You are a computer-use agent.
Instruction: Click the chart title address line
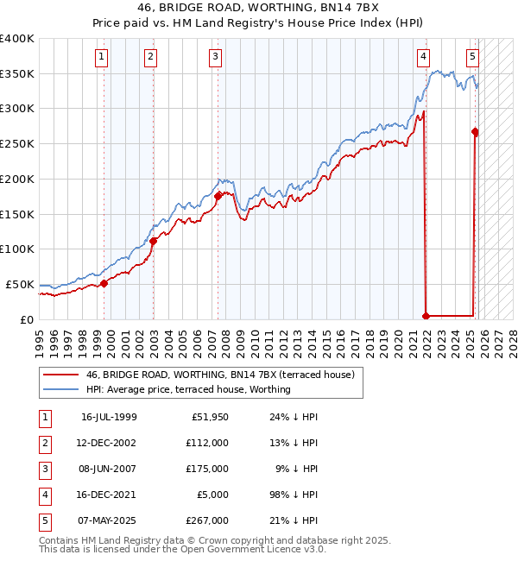(259, 8)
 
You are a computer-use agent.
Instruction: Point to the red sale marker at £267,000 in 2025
(475, 132)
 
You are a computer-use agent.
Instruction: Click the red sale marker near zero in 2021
(426, 316)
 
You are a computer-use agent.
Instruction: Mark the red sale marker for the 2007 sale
(218, 196)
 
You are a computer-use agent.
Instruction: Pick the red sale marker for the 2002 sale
(154, 241)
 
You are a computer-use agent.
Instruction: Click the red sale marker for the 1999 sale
(104, 282)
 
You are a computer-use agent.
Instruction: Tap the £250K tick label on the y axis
(17, 144)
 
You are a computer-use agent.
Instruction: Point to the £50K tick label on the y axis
(20, 284)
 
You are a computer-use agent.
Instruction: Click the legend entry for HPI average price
(187, 389)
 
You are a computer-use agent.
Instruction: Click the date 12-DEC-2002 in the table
(110, 443)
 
